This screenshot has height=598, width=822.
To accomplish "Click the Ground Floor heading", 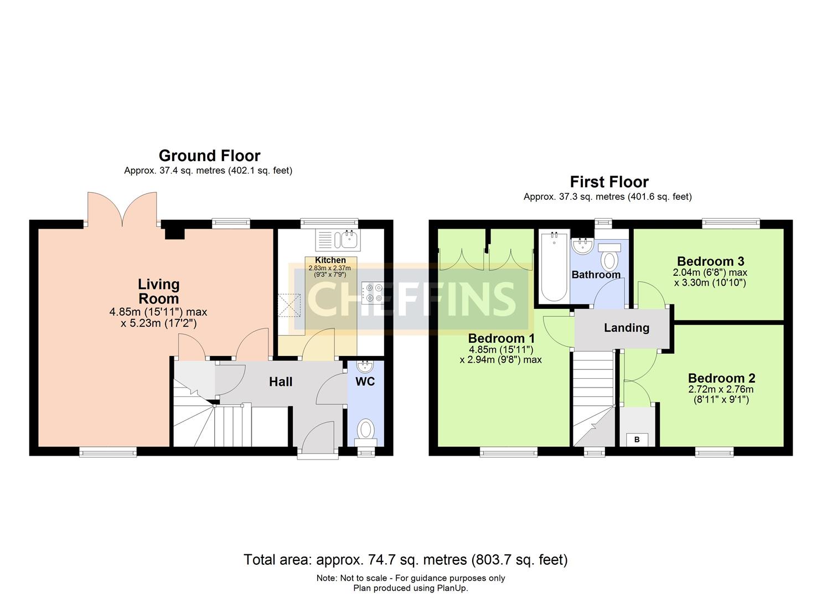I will [x=209, y=156].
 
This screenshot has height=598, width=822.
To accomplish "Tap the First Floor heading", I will [x=609, y=182].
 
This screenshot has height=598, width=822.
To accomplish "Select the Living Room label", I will [x=158, y=291].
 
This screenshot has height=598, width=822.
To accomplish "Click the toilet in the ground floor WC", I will [x=365, y=430].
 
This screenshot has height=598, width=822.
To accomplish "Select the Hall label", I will [x=281, y=382].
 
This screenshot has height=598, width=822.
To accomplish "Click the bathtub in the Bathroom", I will [x=552, y=266].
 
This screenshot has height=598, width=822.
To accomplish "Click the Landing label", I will [x=626, y=328].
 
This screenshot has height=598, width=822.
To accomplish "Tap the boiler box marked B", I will [x=637, y=440].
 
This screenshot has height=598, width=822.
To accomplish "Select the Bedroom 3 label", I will [x=710, y=261].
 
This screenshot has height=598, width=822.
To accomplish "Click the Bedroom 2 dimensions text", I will [x=721, y=394].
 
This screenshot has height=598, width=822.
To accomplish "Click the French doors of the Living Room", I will [x=122, y=209].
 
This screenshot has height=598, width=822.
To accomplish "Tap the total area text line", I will [x=405, y=560].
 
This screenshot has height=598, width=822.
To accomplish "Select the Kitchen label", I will [x=330, y=260].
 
